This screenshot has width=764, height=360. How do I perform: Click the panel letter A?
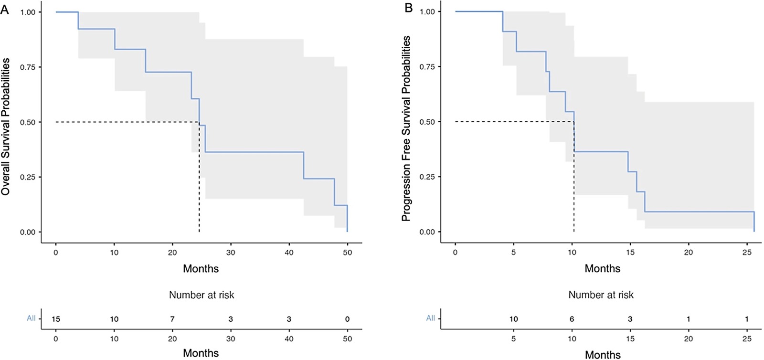(5, 9)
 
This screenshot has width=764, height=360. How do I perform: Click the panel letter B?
(409, 8)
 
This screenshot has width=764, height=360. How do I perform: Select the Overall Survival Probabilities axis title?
(6, 127)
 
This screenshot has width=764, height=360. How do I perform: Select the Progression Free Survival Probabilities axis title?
(406, 128)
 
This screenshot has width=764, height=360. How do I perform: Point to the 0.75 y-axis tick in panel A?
(28, 67)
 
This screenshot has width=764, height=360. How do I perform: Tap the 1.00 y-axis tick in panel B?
(427, 11)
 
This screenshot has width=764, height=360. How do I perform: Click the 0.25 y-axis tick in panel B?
(427, 177)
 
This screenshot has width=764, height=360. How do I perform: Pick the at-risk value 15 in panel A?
(56, 319)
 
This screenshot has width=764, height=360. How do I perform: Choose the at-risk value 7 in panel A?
(172, 319)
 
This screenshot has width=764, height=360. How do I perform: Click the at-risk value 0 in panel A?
(347, 319)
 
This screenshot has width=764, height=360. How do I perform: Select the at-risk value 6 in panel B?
(572, 319)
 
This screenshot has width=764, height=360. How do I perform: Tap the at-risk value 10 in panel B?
(513, 319)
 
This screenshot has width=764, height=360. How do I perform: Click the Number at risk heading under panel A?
(202, 295)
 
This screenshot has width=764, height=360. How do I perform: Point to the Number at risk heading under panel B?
(601, 295)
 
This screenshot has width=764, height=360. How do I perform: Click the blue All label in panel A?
(31, 318)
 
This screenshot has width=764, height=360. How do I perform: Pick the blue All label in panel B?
(430, 318)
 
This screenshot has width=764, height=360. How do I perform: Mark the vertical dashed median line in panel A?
(199, 191)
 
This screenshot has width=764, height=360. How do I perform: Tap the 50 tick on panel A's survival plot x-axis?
(347, 252)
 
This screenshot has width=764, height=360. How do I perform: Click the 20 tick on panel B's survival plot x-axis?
(688, 252)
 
